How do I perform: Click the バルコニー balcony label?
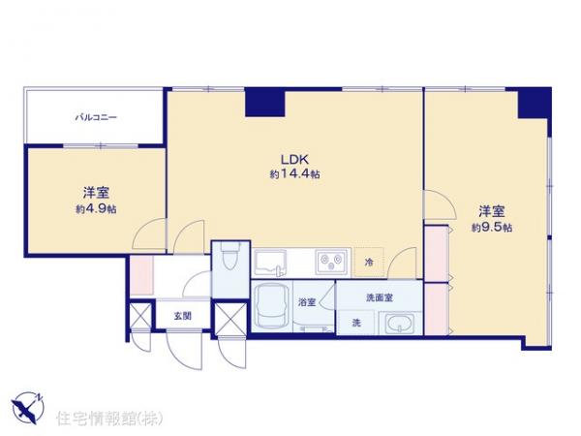pyautogui.click(x=97, y=117)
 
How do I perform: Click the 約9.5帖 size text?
pyautogui.click(x=492, y=227)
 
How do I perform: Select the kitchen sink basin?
pyautogui.click(x=271, y=262)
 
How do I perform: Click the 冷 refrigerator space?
pyautogui.click(x=369, y=262)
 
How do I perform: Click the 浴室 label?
pyautogui.click(x=307, y=301)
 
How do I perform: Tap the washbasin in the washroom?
pyautogui.click(x=399, y=324)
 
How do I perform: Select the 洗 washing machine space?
pyautogui.click(x=355, y=323)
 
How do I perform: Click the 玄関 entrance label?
pyautogui.click(x=181, y=316)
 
